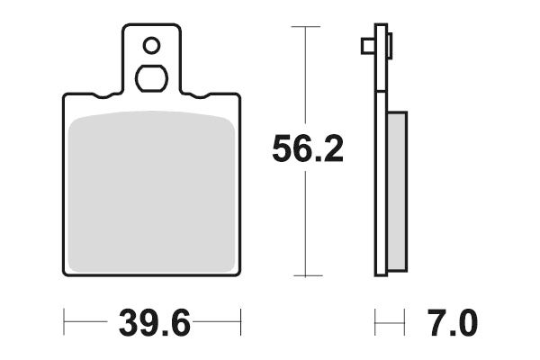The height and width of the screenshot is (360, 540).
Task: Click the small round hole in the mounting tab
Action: point(151,44)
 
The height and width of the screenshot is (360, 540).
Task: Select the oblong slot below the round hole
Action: point(151,77)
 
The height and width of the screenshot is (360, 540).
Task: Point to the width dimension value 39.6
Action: point(153,320)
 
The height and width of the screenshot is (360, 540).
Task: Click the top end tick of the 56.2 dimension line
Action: point(307,28)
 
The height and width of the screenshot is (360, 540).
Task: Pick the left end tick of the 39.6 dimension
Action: point(66,320)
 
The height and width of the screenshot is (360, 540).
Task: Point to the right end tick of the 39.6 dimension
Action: point(240,320)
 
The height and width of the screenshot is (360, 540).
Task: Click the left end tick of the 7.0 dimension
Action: point(376,320)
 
